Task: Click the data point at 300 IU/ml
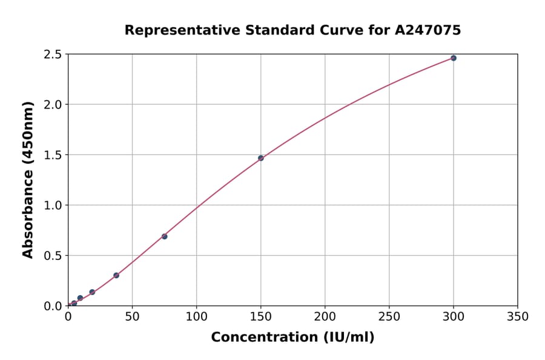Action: [454, 58]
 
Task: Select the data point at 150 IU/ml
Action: [261, 158]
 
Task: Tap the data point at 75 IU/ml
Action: [164, 236]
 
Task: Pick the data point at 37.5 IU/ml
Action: [116, 275]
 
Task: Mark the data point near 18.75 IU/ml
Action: [92, 292]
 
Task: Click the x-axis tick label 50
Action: [132, 316]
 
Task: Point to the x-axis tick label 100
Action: [196, 316]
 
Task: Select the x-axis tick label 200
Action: [325, 316]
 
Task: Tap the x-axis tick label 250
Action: [389, 316]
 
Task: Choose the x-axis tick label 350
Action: [517, 316]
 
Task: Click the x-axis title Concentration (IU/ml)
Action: [292, 338]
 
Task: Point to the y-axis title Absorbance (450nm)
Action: [28, 179]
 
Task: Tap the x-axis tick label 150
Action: [260, 316]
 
